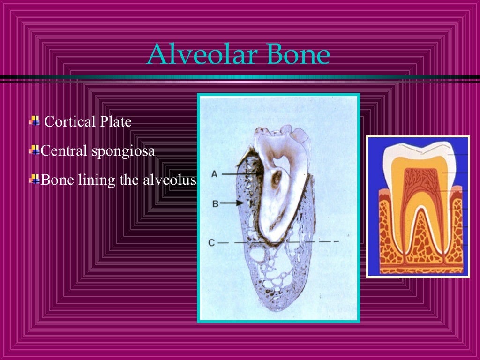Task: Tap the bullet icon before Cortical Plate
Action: click(x=34, y=121)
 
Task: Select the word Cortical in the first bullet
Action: click(x=69, y=122)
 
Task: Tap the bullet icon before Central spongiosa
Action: click(x=34, y=150)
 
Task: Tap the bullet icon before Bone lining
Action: click(x=34, y=179)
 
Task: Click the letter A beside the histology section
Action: click(x=214, y=174)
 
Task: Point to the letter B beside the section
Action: click(x=215, y=203)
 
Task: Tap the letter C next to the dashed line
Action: click(x=212, y=242)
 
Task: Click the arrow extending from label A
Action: click(x=241, y=174)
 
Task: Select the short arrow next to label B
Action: click(x=232, y=203)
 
